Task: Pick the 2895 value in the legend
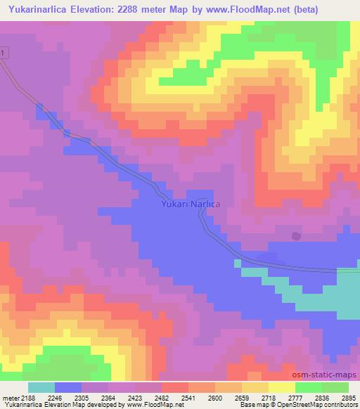349,398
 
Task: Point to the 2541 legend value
188,398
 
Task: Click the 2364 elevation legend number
108,398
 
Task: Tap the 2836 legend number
322,398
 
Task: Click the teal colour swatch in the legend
41,387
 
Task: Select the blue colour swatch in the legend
67,387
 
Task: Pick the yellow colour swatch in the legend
282,387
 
